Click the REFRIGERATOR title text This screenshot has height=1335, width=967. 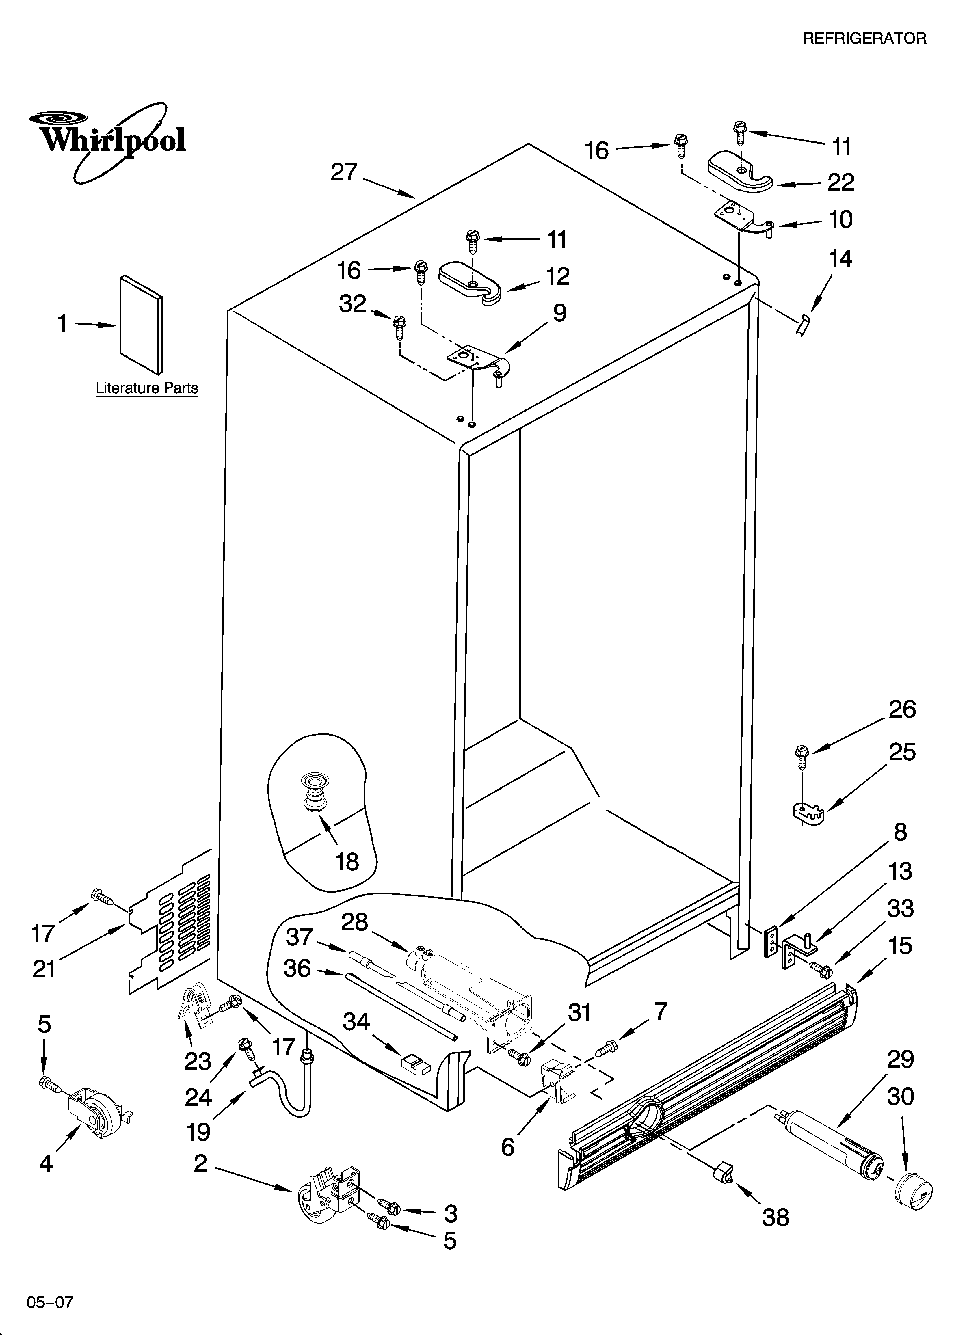[864, 39]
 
